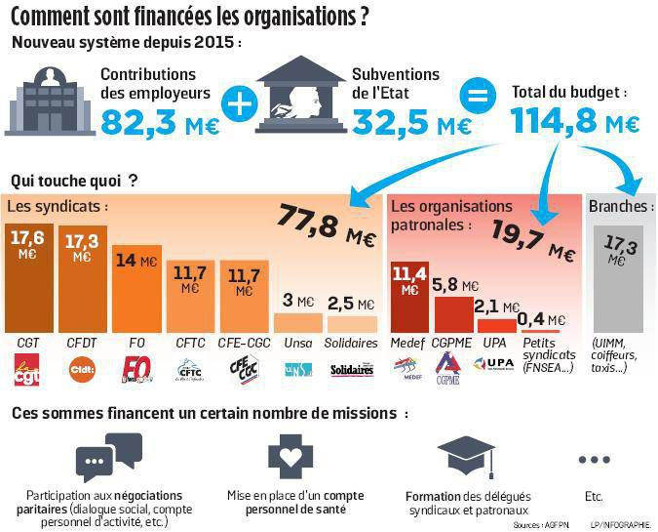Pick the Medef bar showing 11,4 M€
[409, 297]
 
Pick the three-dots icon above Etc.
[593, 459]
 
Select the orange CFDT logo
[82, 369]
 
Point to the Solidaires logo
[352, 370]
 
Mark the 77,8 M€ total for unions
[328, 225]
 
